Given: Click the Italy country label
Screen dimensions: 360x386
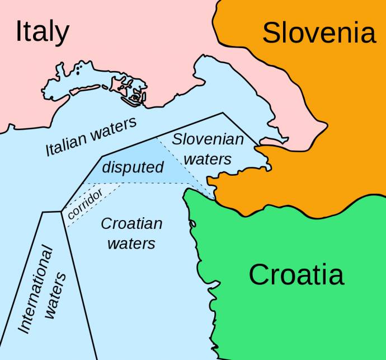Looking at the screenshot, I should click(42, 32).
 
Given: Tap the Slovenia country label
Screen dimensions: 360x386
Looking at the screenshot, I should click(319, 33).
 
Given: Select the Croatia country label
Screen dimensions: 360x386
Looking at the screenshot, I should click(296, 275).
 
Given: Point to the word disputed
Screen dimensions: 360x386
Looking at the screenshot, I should click(133, 167).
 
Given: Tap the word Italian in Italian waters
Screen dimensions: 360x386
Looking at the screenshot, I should click(66, 144).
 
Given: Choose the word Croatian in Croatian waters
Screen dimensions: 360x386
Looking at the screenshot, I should click(131, 224).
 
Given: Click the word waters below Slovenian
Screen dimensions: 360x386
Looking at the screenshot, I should click(208, 160).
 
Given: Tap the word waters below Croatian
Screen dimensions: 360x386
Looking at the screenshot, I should click(131, 244).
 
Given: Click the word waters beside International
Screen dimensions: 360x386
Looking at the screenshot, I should click(56, 297).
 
